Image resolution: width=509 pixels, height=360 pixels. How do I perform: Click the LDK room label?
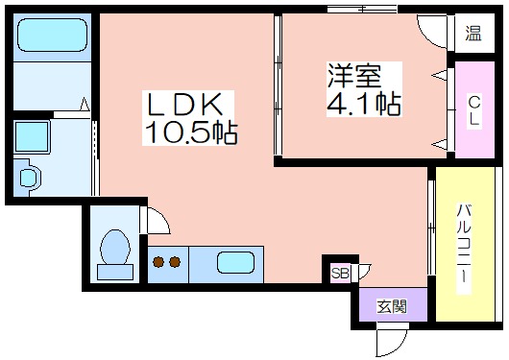click(x=187, y=104)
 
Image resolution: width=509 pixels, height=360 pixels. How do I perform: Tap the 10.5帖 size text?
click(x=190, y=132)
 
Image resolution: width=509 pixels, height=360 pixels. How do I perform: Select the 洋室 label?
click(x=352, y=74)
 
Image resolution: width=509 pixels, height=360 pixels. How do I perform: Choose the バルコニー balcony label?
click(x=463, y=246)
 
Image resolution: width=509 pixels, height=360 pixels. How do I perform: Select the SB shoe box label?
click(x=340, y=273)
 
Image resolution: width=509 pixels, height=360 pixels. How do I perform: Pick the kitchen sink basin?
click(x=235, y=262)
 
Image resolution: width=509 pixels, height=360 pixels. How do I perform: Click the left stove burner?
click(x=157, y=261)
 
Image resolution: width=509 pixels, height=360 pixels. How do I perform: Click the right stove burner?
click(x=175, y=261)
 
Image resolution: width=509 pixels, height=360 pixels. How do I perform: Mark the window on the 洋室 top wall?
click(x=361, y=9)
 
